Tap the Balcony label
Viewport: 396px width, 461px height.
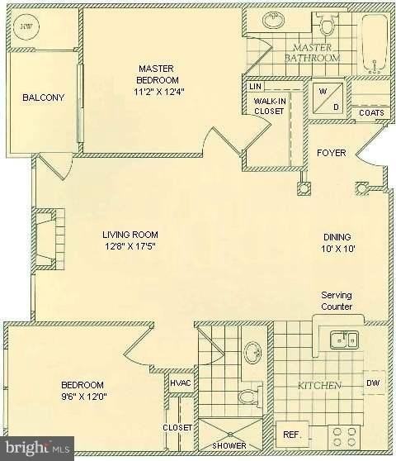[x=44, y=97]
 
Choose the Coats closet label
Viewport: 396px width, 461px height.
[x=371, y=112]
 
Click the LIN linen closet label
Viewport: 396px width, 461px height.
[x=256, y=87]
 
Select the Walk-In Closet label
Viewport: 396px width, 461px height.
[x=269, y=106]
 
